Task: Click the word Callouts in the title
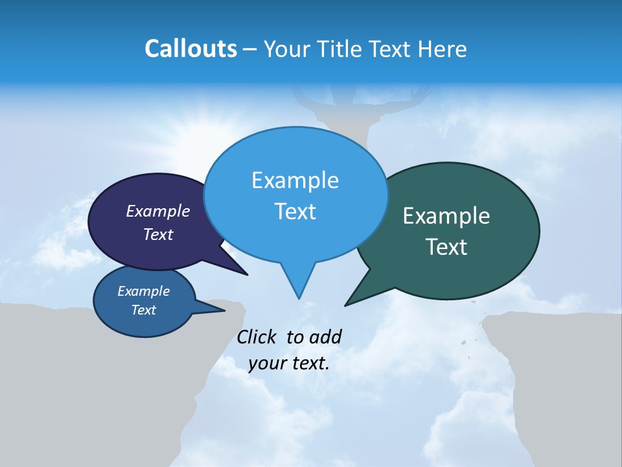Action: pyautogui.click(x=190, y=49)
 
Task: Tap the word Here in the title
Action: pyautogui.click(x=441, y=49)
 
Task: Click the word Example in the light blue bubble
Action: pyautogui.click(x=295, y=180)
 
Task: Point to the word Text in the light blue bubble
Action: pyautogui.click(x=295, y=211)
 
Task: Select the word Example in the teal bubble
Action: pyautogui.click(x=446, y=216)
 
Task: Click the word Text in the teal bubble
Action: pyautogui.click(x=446, y=247)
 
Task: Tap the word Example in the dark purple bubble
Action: pyautogui.click(x=157, y=211)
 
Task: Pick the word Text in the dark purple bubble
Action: pyautogui.click(x=157, y=234)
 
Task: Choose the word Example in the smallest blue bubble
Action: pyautogui.click(x=143, y=291)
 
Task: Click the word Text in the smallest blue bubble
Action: pyautogui.click(x=143, y=310)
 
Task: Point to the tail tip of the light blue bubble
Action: pyautogui.click(x=299, y=297)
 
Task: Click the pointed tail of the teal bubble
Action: pyautogui.click(x=347, y=304)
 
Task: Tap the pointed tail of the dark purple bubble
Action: pyautogui.click(x=246, y=274)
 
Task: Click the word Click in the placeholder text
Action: pyautogui.click(x=258, y=337)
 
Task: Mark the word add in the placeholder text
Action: pyautogui.click(x=325, y=337)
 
